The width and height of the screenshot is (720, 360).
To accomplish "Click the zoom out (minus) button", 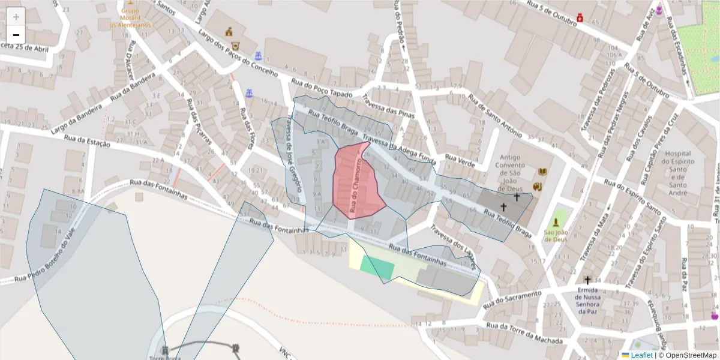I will tap(16, 35).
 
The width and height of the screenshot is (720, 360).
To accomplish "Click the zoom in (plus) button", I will tap(16, 17).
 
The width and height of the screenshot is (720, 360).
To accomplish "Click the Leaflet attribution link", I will tap(641, 355).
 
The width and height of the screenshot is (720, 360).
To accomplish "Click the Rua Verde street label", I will tap(460, 162).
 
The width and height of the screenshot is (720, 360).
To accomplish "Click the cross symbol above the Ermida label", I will tap(587, 280).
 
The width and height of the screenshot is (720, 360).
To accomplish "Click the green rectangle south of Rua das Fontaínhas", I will tap(378, 266).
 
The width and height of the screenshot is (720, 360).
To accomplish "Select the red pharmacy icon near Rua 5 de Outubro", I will tap(580, 18).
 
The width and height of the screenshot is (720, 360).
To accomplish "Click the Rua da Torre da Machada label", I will tap(524, 334).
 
